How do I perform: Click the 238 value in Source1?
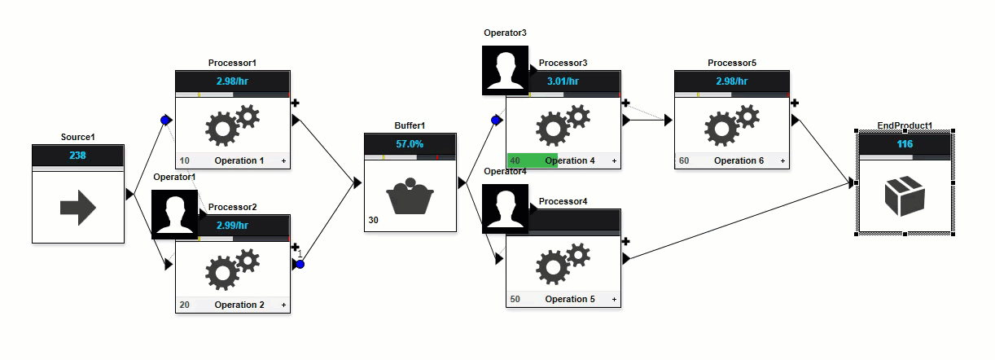pos(78,156)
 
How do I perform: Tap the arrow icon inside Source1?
pos(78,208)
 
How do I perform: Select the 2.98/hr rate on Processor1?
pos(232,81)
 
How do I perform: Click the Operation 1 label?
pos(239,160)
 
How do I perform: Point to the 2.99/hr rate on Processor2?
pos(232,226)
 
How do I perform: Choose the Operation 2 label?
pos(239,305)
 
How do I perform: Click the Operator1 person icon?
pos(174,213)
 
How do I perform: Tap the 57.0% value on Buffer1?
pos(410,144)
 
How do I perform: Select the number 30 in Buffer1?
pos(375,220)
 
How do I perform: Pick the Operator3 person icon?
pos(506,68)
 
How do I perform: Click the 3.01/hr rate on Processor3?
pos(563,81)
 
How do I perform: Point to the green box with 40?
pos(532,160)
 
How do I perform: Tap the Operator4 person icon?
pos(506,209)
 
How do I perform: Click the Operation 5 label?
pos(570,299)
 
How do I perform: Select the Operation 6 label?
pos(739,160)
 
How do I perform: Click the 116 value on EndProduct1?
pos(905,144)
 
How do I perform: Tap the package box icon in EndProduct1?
pos(905,195)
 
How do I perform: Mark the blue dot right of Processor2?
pos(300,264)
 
